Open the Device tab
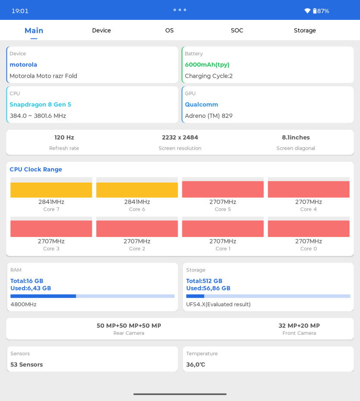tap(101, 31)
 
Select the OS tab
tap(169, 31)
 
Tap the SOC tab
tap(237, 31)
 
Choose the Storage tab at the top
tap(305, 31)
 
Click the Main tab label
tap(34, 31)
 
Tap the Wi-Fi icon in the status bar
tap(307, 11)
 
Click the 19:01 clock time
tap(20, 11)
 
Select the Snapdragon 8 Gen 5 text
tap(41, 104)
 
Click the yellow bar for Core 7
tap(51, 190)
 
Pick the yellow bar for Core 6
tap(137, 190)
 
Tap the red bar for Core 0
tap(309, 229)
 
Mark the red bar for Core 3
tap(51, 229)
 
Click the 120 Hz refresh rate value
tap(64, 138)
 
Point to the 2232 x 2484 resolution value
tap(180, 138)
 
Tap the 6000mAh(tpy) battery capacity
tap(207, 65)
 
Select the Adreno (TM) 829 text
tap(209, 116)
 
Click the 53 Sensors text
tap(27, 364)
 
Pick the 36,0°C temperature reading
tap(195, 364)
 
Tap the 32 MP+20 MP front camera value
tap(299, 325)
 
